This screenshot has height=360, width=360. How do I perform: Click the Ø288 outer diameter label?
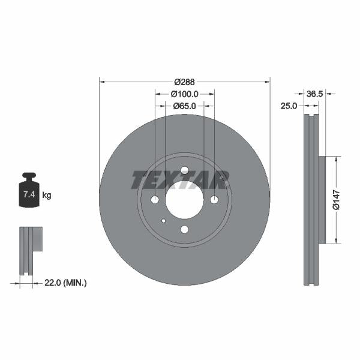[x=185, y=82]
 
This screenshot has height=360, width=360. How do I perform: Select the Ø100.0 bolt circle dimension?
[x=185, y=94]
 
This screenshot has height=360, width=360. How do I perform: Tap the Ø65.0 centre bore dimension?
[x=185, y=106]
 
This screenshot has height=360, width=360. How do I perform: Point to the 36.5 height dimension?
[x=315, y=94]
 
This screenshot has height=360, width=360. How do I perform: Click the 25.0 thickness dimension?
[x=290, y=106]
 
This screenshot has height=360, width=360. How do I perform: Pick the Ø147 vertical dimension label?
[x=337, y=200]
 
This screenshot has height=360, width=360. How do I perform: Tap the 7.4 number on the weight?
[x=28, y=195]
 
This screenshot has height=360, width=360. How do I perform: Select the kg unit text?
[x=47, y=195]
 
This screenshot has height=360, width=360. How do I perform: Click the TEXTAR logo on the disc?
[x=180, y=179]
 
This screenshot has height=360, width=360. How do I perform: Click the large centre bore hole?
[x=184, y=200]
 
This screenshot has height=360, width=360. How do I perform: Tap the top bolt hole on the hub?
[x=184, y=170]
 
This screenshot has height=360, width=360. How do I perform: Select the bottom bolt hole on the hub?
[x=184, y=229]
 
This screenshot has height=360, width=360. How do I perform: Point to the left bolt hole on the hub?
[x=155, y=200]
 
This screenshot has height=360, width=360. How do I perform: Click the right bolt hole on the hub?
[x=214, y=200]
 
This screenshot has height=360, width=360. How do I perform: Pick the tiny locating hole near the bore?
[x=163, y=220]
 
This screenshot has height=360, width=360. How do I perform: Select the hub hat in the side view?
[x=322, y=200]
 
